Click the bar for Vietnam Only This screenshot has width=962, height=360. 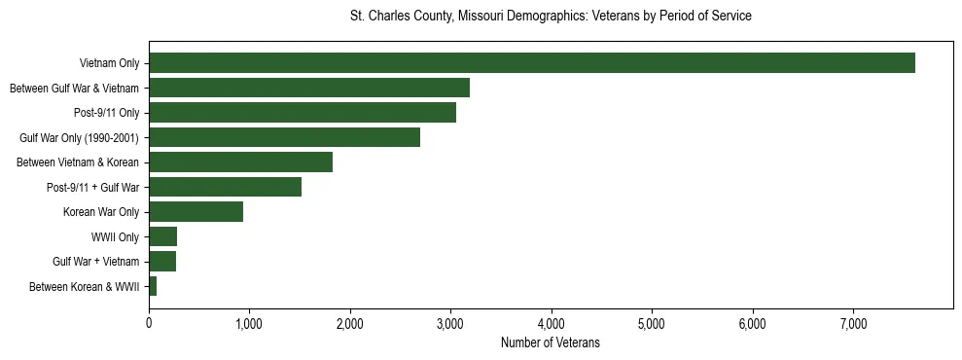pyautogui.click(x=532, y=63)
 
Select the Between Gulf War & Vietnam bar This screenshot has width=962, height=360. pyautogui.click(x=309, y=88)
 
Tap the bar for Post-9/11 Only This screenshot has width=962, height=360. pyautogui.click(x=303, y=113)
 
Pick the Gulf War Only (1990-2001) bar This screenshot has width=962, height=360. pyautogui.click(x=284, y=137)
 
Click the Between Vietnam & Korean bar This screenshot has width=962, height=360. pyautogui.click(x=240, y=162)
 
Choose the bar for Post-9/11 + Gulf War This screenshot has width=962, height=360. pyautogui.click(x=225, y=187)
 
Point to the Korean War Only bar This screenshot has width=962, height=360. pyautogui.click(x=196, y=212)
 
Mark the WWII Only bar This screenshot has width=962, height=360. pyautogui.click(x=162, y=236)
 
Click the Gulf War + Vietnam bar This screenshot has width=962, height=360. pyautogui.click(x=162, y=262)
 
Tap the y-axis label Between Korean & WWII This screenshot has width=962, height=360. pyautogui.click(x=84, y=287)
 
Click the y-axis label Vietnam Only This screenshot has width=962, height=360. pyautogui.click(x=109, y=64)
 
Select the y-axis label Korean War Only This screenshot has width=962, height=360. pyautogui.click(x=101, y=212)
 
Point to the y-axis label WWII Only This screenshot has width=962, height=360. pyautogui.click(x=115, y=237)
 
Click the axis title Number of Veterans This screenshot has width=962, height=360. pyautogui.click(x=550, y=343)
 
